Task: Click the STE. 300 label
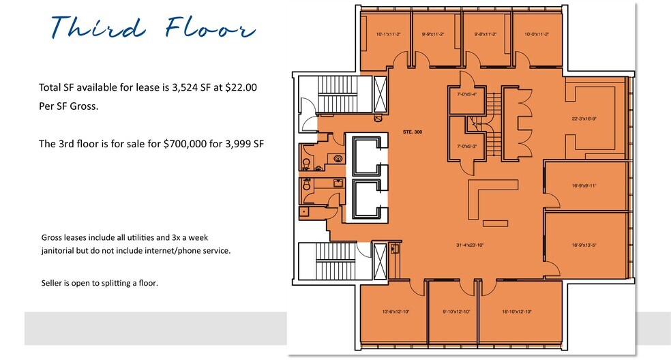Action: (x=413, y=132)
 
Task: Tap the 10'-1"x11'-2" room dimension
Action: (x=388, y=33)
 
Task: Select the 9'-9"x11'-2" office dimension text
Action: (x=433, y=33)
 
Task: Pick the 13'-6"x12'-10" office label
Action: (x=396, y=312)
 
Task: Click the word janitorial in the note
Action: (x=63, y=250)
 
